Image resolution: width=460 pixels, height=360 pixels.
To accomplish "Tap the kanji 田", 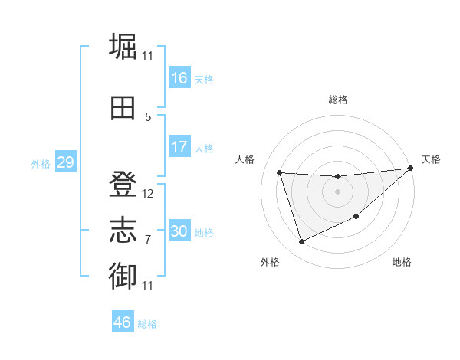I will coord(123,107).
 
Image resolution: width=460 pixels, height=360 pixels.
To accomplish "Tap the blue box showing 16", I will coord(179,78).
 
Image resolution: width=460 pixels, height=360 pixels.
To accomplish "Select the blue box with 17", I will coord(179,147).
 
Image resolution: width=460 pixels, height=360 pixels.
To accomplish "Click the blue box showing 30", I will coord(179,231).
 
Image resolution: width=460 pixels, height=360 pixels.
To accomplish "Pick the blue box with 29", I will coord(64,162).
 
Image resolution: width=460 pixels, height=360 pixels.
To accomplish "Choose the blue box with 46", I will coord(123,322).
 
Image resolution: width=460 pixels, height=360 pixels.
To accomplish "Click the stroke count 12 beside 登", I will coord(148,194).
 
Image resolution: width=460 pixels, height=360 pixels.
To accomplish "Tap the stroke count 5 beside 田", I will coord(148,116).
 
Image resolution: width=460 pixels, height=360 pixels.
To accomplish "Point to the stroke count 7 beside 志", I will coord(148,240).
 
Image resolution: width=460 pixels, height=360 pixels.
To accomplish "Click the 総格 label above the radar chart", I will coord(337,100).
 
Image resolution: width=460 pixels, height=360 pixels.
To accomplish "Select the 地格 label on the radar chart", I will coord(402,263).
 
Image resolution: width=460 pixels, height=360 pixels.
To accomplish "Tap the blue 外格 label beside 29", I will coord(40,163).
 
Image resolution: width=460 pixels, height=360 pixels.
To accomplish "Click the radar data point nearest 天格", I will coord(410,169).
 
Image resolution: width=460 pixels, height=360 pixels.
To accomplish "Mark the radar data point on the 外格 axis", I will coord(301,242).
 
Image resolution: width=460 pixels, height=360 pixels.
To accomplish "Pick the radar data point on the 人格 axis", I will coord(280,172).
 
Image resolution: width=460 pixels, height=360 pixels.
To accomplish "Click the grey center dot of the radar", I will coord(337,191).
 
